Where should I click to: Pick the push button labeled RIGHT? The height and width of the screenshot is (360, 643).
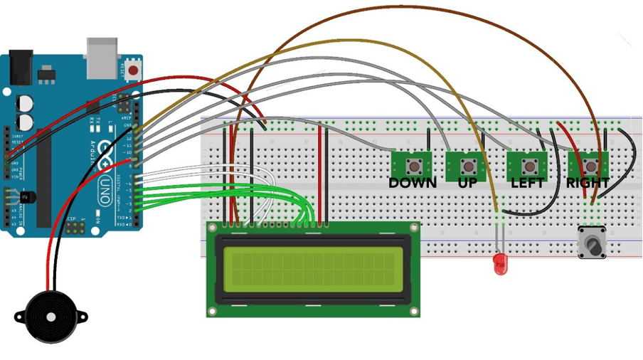(590, 166)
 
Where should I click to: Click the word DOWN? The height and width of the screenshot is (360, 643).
(413, 183)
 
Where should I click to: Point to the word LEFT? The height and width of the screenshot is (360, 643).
(528, 183)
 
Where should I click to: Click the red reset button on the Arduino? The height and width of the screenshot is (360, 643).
(133, 70)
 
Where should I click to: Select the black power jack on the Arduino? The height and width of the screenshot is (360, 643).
(18, 65)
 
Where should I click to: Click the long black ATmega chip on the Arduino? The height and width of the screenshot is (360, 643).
(46, 171)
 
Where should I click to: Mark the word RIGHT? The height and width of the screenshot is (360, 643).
(588, 183)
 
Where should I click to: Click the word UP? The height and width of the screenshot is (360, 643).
(467, 183)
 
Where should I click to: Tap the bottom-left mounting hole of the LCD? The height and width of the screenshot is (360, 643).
(213, 311)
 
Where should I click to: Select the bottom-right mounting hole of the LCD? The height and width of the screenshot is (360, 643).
(413, 311)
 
